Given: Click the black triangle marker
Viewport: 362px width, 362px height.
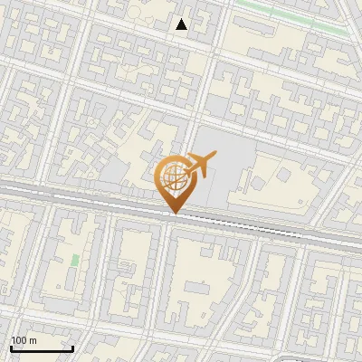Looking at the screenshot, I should pyautogui.click(x=182, y=24).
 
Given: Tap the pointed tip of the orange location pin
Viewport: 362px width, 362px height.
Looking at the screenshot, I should pyautogui.click(x=172, y=213).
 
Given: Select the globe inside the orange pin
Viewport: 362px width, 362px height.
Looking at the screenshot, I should pyautogui.click(x=172, y=178).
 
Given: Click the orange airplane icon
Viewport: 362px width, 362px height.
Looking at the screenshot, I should pyautogui.click(x=198, y=166).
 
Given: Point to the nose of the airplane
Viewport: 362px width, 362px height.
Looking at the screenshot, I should pyautogui.click(x=214, y=157).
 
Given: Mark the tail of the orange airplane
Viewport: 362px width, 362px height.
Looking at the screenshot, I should pyautogui.click(x=184, y=172).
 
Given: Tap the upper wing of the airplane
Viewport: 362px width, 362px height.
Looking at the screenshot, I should pyautogui.click(x=194, y=157).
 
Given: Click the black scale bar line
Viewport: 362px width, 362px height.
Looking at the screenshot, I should pyautogui.click(x=42, y=348).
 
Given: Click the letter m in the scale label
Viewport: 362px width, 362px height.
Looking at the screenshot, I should pyautogui.click(x=33, y=340).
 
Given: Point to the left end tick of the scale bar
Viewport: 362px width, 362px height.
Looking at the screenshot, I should pyautogui.click(x=11, y=347).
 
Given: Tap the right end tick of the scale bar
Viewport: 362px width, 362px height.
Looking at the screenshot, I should pyautogui.click(x=72, y=347).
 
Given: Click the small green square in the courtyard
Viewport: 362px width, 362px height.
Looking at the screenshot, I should pyautogui.click(x=74, y=261).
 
